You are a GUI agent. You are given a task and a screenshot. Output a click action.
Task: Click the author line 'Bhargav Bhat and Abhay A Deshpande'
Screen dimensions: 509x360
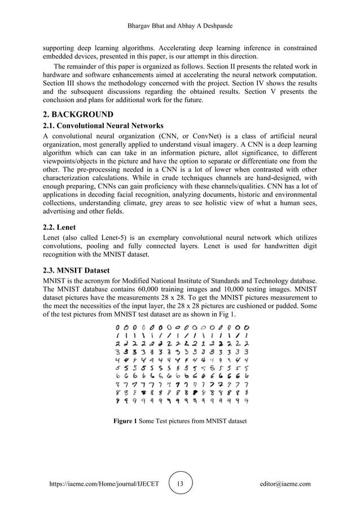point(180,27)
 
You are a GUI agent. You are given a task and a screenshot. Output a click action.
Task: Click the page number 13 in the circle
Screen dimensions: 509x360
point(180,484)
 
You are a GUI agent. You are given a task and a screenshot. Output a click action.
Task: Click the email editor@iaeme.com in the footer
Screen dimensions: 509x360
point(285,484)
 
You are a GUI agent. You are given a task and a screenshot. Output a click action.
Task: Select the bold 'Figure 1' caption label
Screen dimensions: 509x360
point(126,421)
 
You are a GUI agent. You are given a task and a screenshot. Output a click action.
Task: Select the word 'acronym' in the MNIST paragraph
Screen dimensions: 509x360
point(105,281)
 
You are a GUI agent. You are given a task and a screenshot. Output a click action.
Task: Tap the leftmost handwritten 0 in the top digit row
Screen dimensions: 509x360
point(118,327)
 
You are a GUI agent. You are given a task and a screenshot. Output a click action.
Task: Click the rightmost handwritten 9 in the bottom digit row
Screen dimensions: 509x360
point(247,401)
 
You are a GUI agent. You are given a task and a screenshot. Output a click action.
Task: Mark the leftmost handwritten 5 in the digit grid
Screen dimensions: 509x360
point(118,368)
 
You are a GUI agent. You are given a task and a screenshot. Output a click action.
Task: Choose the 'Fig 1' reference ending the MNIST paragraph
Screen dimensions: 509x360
point(227,314)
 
